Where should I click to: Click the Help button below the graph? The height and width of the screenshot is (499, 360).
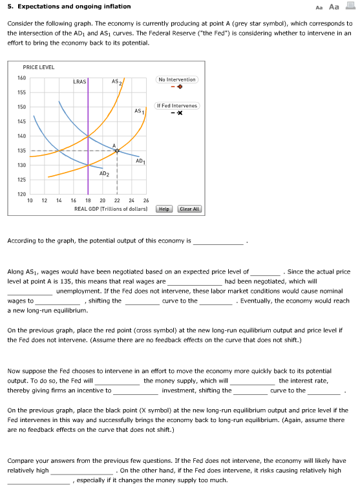pyautogui.click(x=164, y=209)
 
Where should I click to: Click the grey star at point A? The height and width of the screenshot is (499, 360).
pyautogui.click(x=117, y=151)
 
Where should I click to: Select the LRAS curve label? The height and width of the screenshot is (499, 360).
pyautogui.click(x=79, y=82)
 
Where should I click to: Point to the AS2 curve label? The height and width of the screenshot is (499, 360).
pyautogui.click(x=117, y=82)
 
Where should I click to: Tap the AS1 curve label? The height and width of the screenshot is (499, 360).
pyautogui.click(x=138, y=112)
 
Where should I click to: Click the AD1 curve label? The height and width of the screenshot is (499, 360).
pyautogui.click(x=140, y=160)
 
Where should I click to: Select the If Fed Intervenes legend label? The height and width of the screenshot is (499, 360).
pyautogui.click(x=178, y=105)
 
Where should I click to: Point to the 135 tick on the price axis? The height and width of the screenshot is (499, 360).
pyautogui.click(x=21, y=151)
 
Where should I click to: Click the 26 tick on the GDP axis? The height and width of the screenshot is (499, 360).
pyautogui.click(x=146, y=200)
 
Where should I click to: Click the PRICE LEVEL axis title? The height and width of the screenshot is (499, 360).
pyautogui.click(x=39, y=67)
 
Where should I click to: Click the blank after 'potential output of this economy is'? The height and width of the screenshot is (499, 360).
pyautogui.click(x=220, y=242)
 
